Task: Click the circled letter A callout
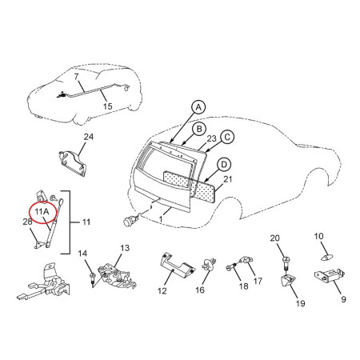pos(198,107)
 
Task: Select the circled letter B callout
pos(199,130)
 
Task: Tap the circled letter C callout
pos(227,138)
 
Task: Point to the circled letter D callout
pos(224,165)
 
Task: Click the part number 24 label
pos(89,137)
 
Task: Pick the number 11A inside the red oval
pos(42,212)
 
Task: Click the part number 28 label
pos(27,222)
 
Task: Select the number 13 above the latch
pos(125,248)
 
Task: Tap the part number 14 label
pos(82,254)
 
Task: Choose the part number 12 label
pos(162,291)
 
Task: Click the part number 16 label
pos(200,290)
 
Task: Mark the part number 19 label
pos(300,303)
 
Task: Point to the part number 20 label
pos(275,238)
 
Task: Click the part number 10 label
pos(318,236)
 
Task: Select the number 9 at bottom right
pos(343,299)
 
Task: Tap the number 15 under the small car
pos(108,106)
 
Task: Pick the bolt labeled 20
pos(286,263)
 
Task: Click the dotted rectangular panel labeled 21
pos(190,186)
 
